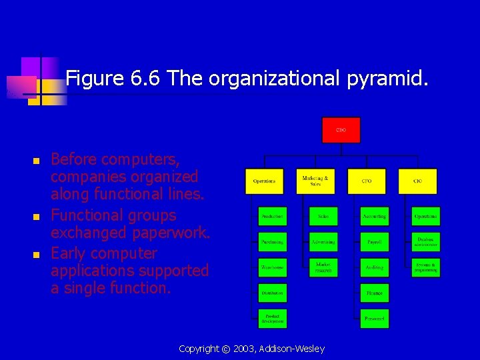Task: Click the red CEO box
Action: click(x=341, y=130)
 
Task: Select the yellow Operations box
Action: click(x=264, y=181)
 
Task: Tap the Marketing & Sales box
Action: click(x=315, y=181)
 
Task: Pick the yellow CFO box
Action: click(x=367, y=181)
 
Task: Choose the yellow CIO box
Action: click(x=418, y=181)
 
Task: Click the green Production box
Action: click(x=273, y=216)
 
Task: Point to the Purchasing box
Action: click(x=273, y=241)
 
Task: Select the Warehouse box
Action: click(x=273, y=267)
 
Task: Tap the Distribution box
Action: click(x=273, y=293)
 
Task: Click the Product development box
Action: click(x=273, y=318)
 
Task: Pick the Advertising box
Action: click(x=323, y=241)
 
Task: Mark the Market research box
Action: click(x=323, y=267)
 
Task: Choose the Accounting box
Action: click(x=375, y=216)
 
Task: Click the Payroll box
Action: click(x=375, y=241)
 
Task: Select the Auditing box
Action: click(x=375, y=267)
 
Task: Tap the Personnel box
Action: click(x=375, y=318)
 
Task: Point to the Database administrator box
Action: click(x=425, y=241)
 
